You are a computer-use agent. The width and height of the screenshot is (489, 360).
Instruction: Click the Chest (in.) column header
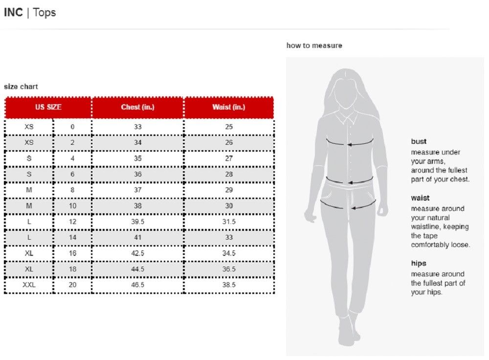pyautogui.click(x=137, y=107)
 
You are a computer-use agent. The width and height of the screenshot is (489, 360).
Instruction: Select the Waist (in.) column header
pyautogui.click(x=229, y=107)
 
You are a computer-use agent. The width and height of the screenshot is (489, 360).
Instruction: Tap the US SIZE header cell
pyautogui.click(x=48, y=107)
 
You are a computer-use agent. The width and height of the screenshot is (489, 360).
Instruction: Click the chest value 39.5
pyautogui.click(x=137, y=222)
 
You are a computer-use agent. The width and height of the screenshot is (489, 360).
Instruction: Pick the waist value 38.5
pyautogui.click(x=229, y=285)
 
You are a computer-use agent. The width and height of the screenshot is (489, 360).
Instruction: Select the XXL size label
pyautogui.click(x=29, y=285)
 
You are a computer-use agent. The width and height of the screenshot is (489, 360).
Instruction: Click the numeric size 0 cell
pyautogui.click(x=72, y=127)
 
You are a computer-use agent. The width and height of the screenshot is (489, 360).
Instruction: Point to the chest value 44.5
pyautogui.click(x=137, y=269)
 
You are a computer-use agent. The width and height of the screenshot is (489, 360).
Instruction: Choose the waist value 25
pyautogui.click(x=229, y=127)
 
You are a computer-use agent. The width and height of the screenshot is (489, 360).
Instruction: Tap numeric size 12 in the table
pyautogui.click(x=72, y=222)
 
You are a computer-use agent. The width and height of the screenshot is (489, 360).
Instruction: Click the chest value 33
pyautogui.click(x=137, y=127)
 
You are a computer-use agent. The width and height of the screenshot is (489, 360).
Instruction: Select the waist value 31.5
pyautogui.click(x=229, y=222)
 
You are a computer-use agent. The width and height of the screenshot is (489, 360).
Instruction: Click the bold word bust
pyautogui.click(x=419, y=141)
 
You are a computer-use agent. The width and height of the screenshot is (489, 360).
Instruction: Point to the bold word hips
pyautogui.click(x=419, y=263)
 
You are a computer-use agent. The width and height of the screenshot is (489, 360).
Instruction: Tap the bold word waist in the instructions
pyautogui.click(x=420, y=198)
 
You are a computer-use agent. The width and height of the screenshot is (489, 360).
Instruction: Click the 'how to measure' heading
pyautogui.click(x=314, y=45)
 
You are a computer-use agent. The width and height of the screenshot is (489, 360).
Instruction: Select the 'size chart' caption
pyautogui.click(x=21, y=87)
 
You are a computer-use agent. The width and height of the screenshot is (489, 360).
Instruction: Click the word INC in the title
pyautogui.click(x=13, y=13)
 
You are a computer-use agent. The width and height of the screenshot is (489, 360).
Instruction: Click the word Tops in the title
pyautogui.click(x=44, y=13)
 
